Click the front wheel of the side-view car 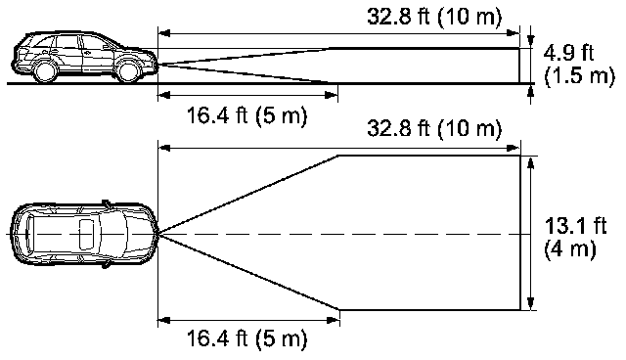(x=128, y=71)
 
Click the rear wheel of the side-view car (x=44, y=71)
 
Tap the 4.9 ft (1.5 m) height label (x=579, y=64)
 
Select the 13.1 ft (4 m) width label (x=575, y=238)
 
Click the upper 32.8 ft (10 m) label (x=434, y=17)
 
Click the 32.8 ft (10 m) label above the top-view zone (x=434, y=128)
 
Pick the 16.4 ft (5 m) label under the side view (x=247, y=115)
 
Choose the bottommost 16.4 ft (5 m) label (x=247, y=338)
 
